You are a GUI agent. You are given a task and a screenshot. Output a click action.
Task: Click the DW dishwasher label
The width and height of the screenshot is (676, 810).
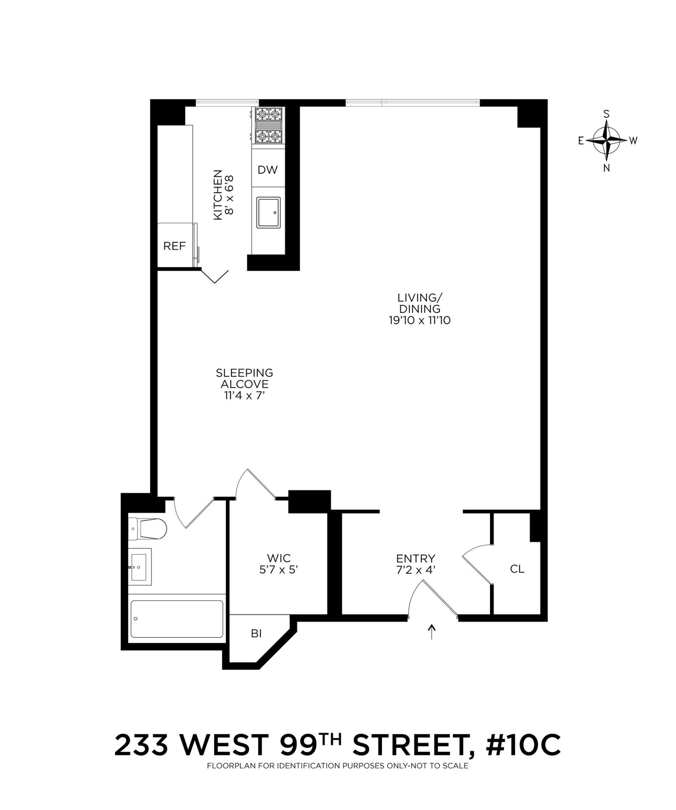267,170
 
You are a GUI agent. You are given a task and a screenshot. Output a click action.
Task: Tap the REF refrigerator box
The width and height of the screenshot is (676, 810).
174,246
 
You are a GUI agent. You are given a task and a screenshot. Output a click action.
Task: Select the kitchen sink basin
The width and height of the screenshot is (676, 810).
268,213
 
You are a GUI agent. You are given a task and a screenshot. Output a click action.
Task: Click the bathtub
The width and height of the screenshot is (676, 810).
177,619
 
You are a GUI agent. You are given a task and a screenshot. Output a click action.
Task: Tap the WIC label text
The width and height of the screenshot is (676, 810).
279,558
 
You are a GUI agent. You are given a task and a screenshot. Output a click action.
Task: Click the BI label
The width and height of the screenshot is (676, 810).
256,633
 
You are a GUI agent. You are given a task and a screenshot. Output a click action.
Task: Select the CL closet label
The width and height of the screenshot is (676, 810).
517,569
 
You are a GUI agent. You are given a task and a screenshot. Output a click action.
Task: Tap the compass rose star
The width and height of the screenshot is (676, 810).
606,140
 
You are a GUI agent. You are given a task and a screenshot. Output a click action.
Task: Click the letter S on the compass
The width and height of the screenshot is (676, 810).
606,114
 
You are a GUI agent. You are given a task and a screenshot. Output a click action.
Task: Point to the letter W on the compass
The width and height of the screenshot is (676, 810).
633,141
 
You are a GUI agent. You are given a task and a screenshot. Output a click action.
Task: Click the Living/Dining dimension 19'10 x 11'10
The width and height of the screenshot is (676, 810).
420,320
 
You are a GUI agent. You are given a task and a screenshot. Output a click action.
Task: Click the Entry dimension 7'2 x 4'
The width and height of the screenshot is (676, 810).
416,569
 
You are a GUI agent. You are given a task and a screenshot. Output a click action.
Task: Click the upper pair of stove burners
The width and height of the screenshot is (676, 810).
268,114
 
